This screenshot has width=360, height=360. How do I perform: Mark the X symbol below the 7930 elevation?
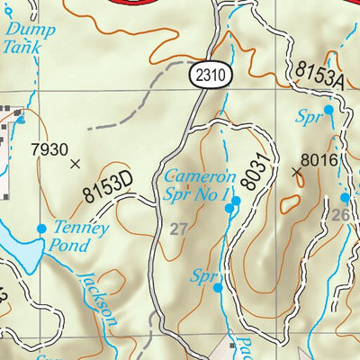pos(75,164)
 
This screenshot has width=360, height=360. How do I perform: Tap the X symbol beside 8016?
pos(297,169)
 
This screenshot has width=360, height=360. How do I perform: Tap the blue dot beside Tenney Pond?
pos(41,229)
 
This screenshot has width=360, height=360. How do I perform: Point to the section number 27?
pos(178,230)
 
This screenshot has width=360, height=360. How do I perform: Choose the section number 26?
pos(339,215)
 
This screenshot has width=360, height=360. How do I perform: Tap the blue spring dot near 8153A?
pos(328,109)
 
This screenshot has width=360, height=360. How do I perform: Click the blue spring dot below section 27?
pos(218,288)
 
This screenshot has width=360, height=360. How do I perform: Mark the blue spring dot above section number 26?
pos(345,197)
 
